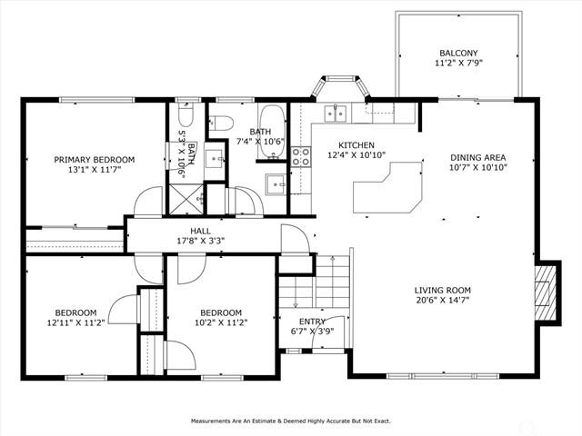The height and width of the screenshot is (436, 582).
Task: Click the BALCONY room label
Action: [x=458, y=53]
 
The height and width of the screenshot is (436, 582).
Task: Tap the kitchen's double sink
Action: [x=336, y=114]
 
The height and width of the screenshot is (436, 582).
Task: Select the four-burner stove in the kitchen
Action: [x=301, y=156]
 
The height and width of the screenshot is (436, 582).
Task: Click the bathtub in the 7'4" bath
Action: [x=273, y=132]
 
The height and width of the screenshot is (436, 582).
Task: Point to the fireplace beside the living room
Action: [x=547, y=292]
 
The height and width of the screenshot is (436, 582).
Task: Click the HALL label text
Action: [x=200, y=231]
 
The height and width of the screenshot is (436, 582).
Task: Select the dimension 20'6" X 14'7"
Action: [x=443, y=300]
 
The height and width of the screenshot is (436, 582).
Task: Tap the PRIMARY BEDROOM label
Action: [x=95, y=160]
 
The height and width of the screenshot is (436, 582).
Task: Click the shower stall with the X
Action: [x=186, y=199]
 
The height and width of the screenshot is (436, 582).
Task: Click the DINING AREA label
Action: [x=478, y=157]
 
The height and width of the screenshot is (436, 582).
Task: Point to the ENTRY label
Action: [x=312, y=322]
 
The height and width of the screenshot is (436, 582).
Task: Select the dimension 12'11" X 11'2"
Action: [x=75, y=322]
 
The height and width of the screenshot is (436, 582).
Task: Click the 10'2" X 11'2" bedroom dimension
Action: [x=221, y=322]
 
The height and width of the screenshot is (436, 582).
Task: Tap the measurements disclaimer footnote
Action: [x=291, y=421]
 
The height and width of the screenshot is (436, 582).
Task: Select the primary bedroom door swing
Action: [x=148, y=201]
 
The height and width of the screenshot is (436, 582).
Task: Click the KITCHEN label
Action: [x=356, y=145]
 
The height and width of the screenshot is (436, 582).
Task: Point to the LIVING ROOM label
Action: [x=443, y=291]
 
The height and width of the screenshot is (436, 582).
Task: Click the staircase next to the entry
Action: [x=315, y=282]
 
